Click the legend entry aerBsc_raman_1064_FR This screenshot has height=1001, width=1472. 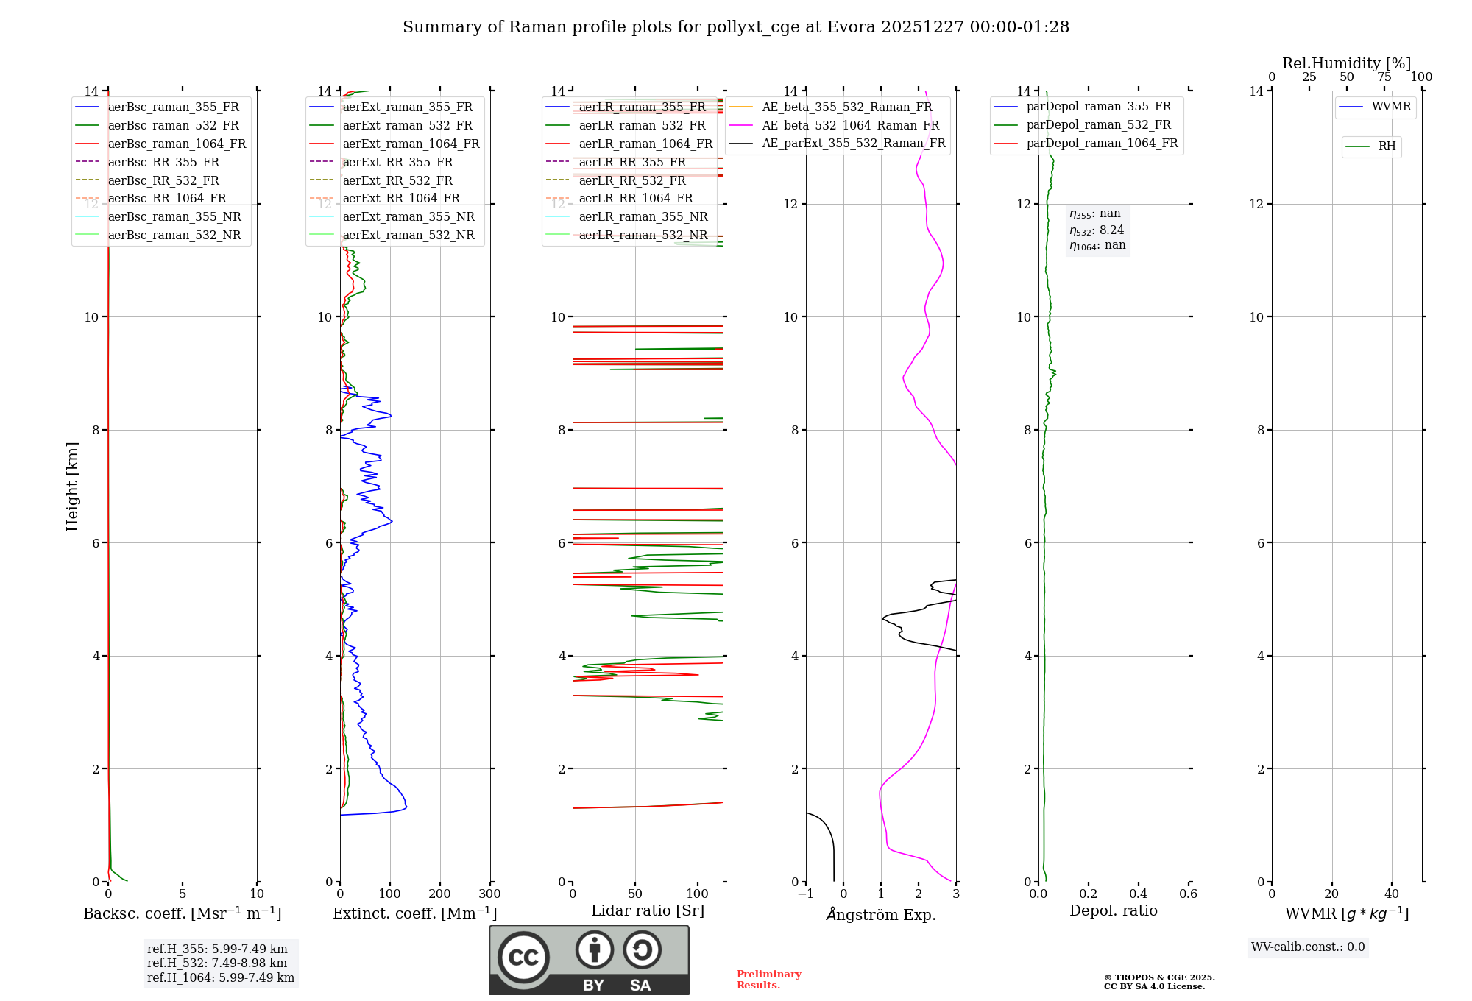(x=177, y=144)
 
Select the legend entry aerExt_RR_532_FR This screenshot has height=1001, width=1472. (x=397, y=180)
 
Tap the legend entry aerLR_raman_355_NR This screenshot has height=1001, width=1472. (x=643, y=217)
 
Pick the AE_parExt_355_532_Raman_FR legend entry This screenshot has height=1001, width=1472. (x=854, y=144)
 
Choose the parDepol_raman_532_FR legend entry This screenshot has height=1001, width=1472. (x=1098, y=125)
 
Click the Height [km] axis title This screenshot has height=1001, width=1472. (x=72, y=486)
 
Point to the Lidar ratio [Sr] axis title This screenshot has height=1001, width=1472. (x=648, y=910)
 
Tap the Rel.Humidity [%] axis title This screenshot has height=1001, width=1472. (x=1346, y=63)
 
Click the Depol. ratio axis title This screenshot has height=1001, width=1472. (x=1113, y=910)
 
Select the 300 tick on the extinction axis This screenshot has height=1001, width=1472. (x=489, y=894)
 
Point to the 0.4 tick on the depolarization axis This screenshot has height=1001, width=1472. (x=1138, y=894)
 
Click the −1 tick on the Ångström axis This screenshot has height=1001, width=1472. (x=806, y=894)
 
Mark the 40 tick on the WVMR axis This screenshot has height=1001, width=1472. (x=1391, y=894)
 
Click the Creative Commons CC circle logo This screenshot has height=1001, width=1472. (x=523, y=957)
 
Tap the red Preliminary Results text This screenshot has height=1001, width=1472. (x=768, y=980)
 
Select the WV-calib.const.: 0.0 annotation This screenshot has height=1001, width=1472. (x=1308, y=947)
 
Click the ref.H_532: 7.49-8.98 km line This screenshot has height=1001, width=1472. (x=217, y=963)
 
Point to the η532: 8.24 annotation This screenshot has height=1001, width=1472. (x=1097, y=230)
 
